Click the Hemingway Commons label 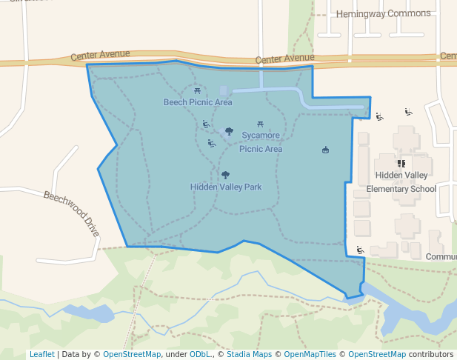coord(383,13)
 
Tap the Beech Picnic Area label coord(198,102)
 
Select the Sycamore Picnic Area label coord(261,142)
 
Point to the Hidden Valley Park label coord(226,187)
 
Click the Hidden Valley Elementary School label coord(401,182)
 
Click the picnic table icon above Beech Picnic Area coord(197,90)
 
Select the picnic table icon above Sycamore coord(260,124)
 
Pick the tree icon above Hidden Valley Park coord(225,176)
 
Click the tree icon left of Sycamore coord(229,131)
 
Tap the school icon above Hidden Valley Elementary coord(401,163)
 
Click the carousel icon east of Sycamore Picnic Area coord(325,150)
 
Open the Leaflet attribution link coord(41,354)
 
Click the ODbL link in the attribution coord(200,354)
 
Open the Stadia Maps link coord(250,354)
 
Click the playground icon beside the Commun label coord(360,250)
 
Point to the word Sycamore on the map coord(261,136)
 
